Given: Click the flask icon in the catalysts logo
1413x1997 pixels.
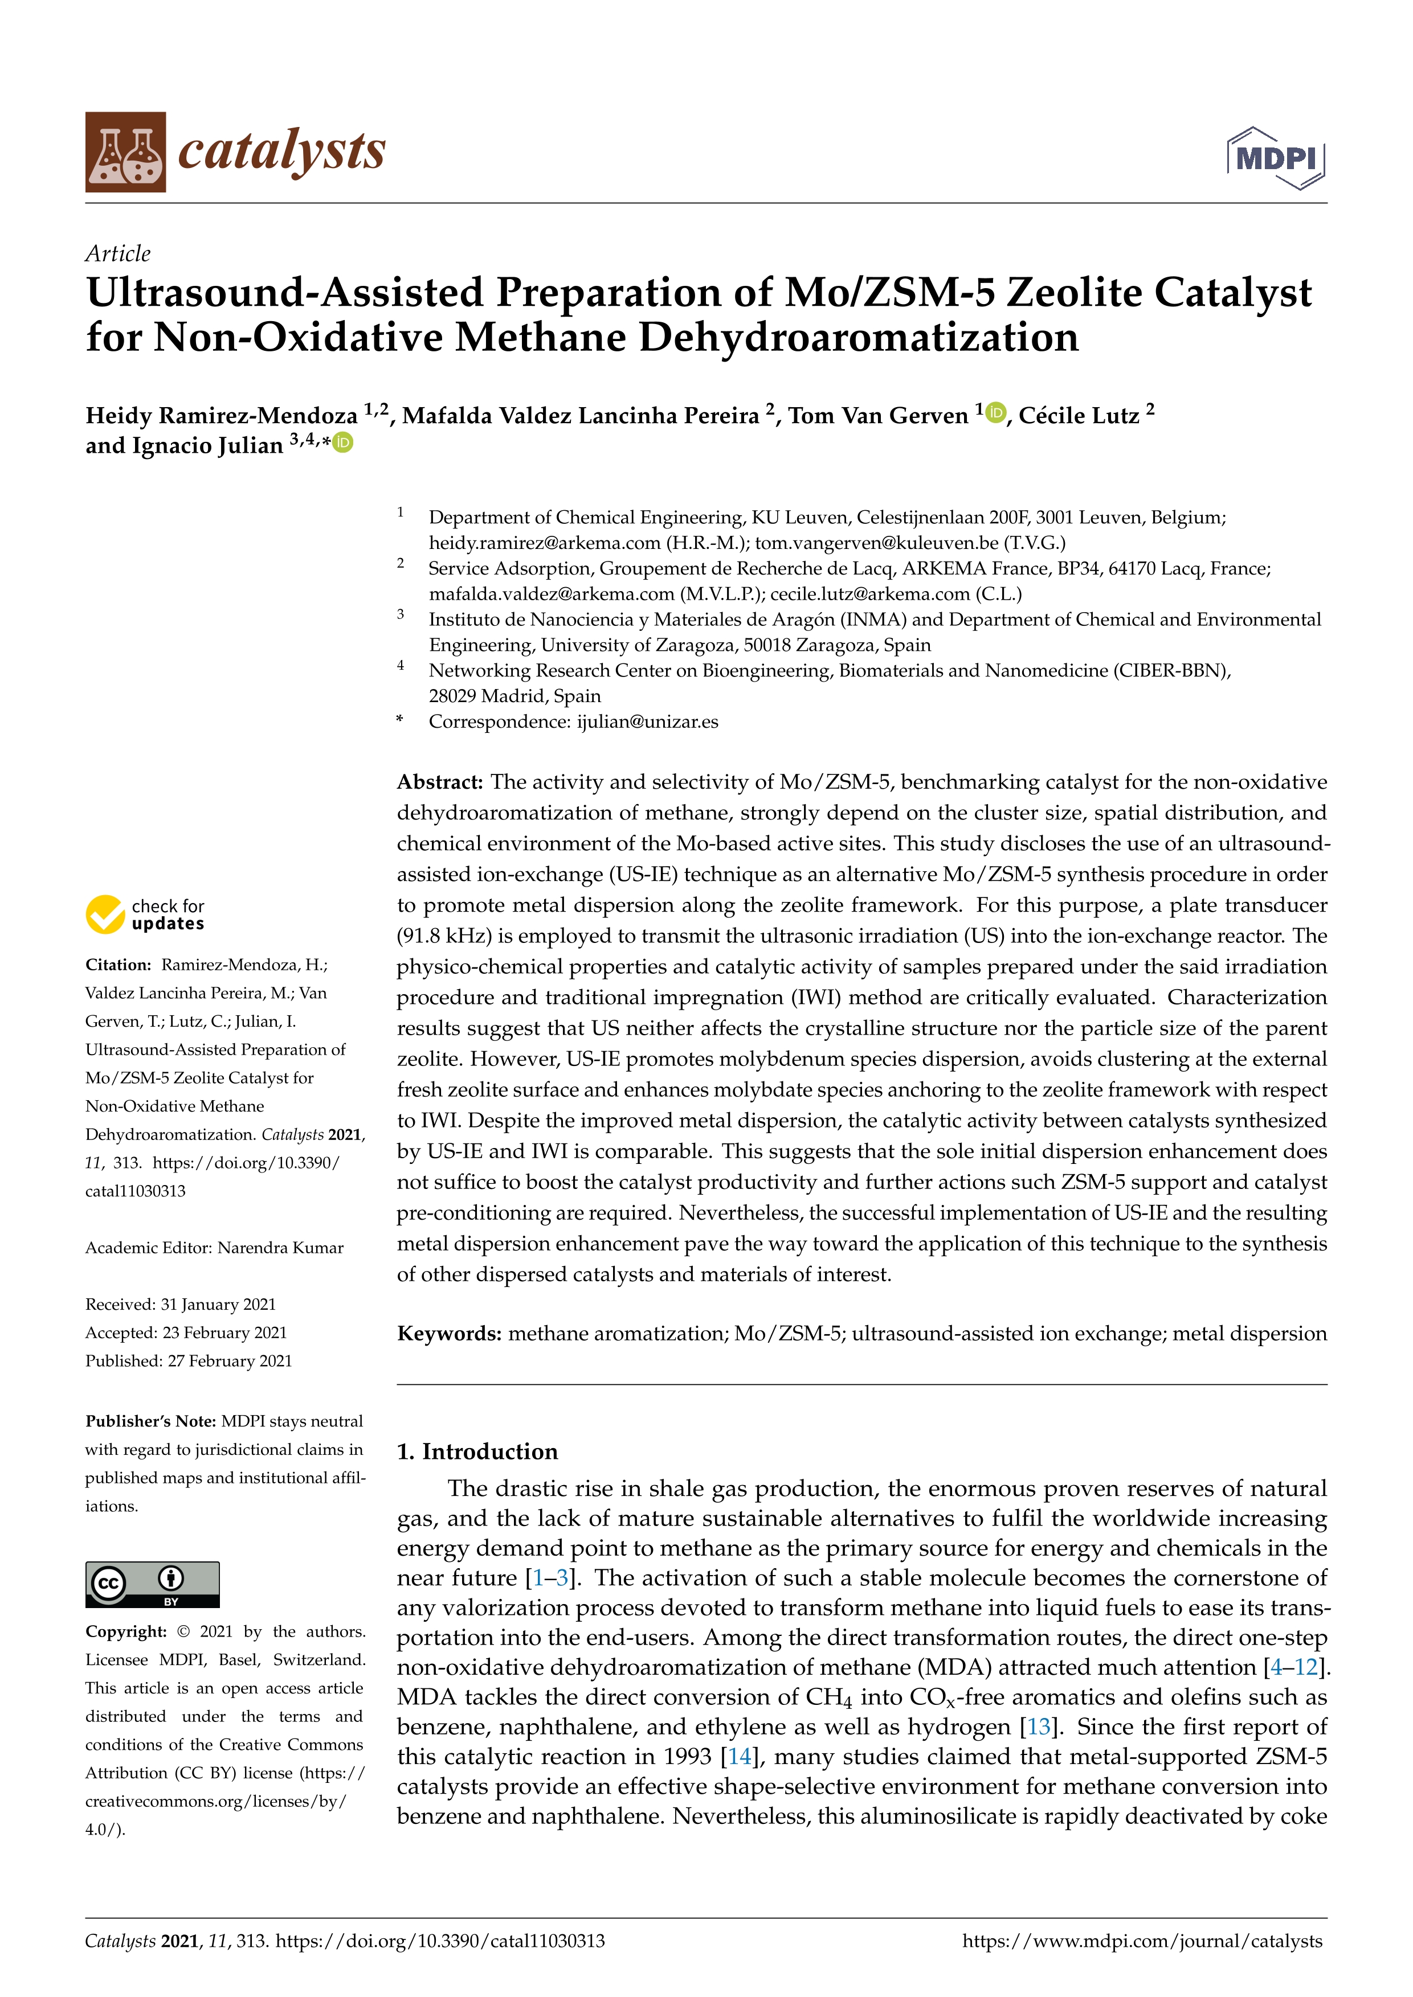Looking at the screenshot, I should [125, 152].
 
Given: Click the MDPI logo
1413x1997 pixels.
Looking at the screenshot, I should [1276, 158].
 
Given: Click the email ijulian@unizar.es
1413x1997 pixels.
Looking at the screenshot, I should [647, 721].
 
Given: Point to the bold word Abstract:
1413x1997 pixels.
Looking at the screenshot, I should [439, 782].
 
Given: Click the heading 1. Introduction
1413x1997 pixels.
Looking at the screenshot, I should [477, 1451].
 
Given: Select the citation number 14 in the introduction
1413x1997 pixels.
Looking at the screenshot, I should [739, 1756].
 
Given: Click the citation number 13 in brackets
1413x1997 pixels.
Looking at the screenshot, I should [1039, 1727].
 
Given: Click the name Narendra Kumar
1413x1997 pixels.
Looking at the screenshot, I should [280, 1247].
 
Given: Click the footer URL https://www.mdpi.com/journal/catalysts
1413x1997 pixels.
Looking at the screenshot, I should [1142, 1941].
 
